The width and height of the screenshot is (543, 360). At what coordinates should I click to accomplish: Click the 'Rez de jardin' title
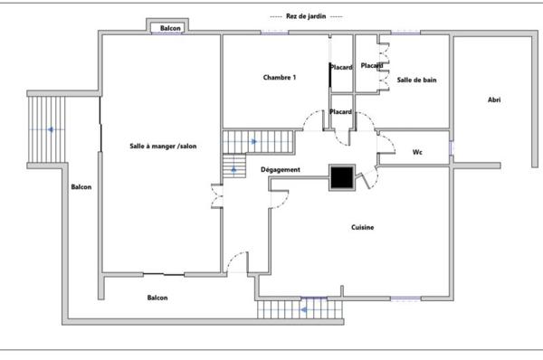click(306, 16)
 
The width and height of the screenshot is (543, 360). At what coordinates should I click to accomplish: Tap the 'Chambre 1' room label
click(280, 77)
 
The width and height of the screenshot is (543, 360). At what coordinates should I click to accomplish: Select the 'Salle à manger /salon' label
click(163, 146)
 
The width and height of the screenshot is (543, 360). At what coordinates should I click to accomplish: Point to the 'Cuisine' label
click(363, 227)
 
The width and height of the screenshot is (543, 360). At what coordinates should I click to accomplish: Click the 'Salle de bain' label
click(416, 80)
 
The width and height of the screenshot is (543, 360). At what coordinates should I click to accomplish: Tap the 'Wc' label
click(417, 152)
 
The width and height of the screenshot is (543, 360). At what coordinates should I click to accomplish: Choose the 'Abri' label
click(494, 99)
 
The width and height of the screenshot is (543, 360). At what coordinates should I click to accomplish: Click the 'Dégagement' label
click(281, 170)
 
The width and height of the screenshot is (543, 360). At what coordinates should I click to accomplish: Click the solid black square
click(342, 177)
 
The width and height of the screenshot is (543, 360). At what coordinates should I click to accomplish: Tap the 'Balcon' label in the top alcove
click(170, 28)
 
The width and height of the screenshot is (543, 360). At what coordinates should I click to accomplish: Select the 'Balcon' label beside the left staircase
click(81, 187)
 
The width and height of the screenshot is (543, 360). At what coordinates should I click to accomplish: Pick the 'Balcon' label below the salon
click(157, 298)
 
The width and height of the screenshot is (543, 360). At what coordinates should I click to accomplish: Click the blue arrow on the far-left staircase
click(51, 129)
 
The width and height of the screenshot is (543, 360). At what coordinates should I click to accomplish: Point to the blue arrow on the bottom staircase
click(304, 310)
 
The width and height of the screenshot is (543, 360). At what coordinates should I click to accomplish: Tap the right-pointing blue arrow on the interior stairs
click(254, 142)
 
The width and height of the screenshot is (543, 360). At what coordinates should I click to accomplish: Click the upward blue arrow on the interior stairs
click(233, 170)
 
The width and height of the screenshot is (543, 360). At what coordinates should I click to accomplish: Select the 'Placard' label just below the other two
click(341, 112)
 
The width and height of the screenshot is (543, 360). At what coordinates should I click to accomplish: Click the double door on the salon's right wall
click(217, 196)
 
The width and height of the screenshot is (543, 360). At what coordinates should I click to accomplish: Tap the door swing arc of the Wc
click(386, 143)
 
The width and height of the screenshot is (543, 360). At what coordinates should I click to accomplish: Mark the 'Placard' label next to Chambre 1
click(341, 67)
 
